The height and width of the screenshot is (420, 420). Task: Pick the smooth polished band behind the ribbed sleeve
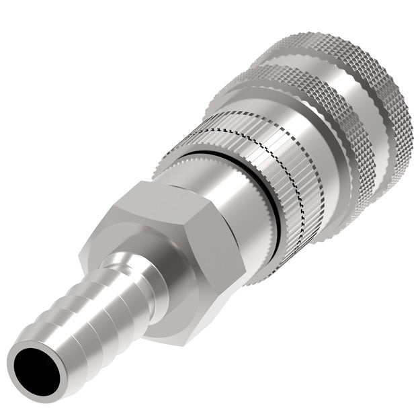tap(316, 134)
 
